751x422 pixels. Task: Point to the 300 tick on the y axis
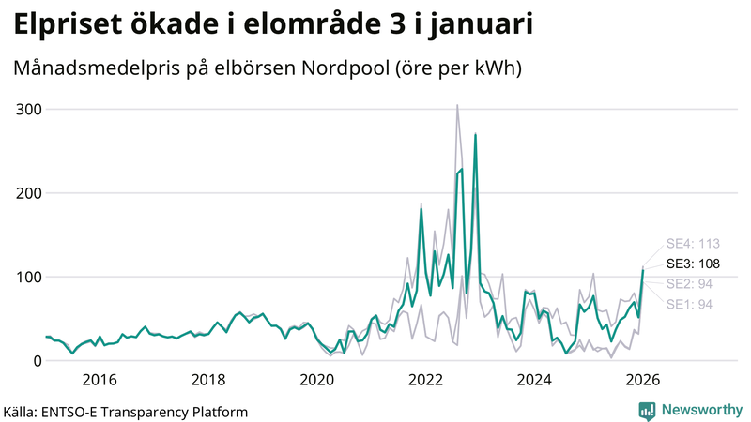(x=29, y=110)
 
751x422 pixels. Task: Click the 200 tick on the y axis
(x=29, y=193)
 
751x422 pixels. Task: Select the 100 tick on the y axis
(x=29, y=277)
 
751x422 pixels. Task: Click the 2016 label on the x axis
(x=100, y=380)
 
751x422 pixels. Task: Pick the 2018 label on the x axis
(x=208, y=380)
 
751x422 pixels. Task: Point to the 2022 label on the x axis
(x=426, y=380)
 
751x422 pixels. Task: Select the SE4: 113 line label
(x=693, y=244)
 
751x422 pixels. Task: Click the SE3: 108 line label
(x=693, y=264)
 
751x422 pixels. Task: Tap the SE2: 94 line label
(x=689, y=284)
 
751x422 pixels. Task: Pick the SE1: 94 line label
(x=689, y=304)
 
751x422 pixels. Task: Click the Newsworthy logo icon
(x=647, y=410)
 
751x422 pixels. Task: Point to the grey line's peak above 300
(x=457, y=106)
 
